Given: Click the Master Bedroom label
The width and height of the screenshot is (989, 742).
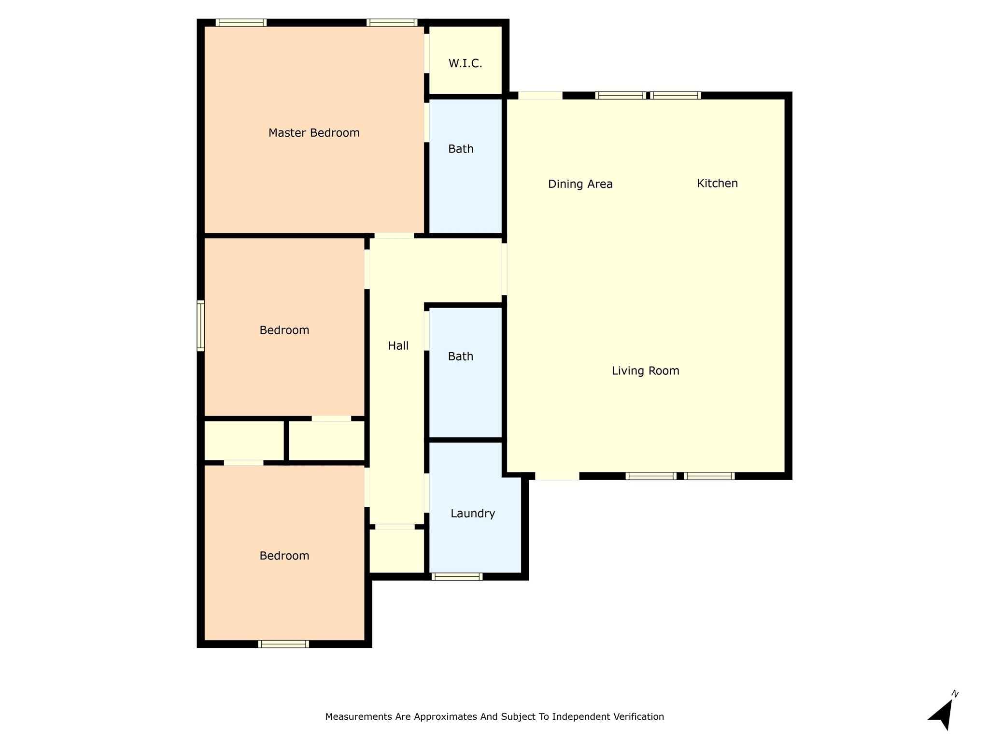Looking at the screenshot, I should point(314,133).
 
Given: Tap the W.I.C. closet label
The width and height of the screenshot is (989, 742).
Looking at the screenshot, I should point(465,63).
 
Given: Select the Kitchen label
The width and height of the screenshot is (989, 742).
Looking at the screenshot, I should point(717,184).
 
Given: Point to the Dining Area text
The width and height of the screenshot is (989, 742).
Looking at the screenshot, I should point(580,184).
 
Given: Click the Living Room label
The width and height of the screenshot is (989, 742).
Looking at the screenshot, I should point(645,371).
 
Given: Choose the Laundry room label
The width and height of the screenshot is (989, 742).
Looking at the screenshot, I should point(473,514).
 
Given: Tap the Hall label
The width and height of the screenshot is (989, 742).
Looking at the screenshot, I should point(398,346).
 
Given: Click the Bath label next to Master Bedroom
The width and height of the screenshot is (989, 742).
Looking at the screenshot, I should point(461,149).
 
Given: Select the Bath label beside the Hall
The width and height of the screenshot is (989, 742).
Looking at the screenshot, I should point(460,357).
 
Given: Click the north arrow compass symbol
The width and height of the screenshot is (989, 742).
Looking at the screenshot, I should point(942,713).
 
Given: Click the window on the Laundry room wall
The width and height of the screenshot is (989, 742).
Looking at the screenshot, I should point(457,576).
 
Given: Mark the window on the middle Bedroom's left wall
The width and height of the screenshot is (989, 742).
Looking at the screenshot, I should point(200,325).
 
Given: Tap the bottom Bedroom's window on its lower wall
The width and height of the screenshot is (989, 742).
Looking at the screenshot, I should point(283,644).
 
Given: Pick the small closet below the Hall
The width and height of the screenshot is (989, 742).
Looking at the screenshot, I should point(397,551).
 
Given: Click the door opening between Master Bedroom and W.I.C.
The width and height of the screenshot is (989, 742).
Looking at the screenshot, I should point(427,53).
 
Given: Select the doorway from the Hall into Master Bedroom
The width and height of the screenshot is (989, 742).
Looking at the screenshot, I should point(394,236).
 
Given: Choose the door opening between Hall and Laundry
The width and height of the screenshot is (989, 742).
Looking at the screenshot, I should point(427,493).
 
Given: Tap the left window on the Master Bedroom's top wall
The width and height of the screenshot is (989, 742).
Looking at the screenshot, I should point(241,23).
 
